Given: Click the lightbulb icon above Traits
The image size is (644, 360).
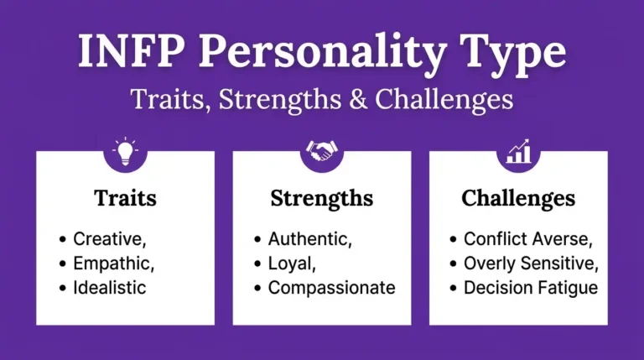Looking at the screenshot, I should coord(126,152).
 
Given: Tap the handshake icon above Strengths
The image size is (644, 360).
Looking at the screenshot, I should coord(322,152).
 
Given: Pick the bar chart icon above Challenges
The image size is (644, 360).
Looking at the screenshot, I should coord(518,152).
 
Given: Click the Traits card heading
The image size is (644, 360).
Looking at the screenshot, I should coord(125,199).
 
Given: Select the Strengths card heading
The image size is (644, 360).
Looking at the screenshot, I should coord(322,199).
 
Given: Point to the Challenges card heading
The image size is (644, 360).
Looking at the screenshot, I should coord(518,199).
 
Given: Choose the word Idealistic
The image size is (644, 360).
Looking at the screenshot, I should coord(110,287).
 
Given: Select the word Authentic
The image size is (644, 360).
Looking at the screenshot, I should coord(310,238).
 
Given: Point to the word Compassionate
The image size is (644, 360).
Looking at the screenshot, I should coord(331,287).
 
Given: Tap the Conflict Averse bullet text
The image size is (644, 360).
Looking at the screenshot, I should coord(528,238).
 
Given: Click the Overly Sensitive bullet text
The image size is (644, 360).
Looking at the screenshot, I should coord(531,263).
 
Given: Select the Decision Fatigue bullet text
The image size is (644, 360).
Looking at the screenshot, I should coord(531,287).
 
